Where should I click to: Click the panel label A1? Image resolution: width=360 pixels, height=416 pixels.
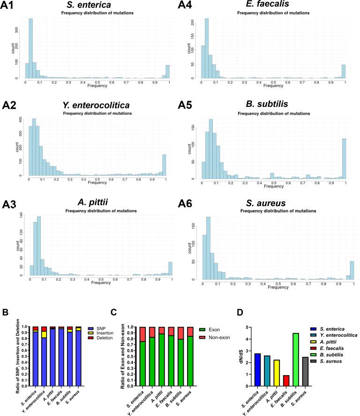[9, 7]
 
